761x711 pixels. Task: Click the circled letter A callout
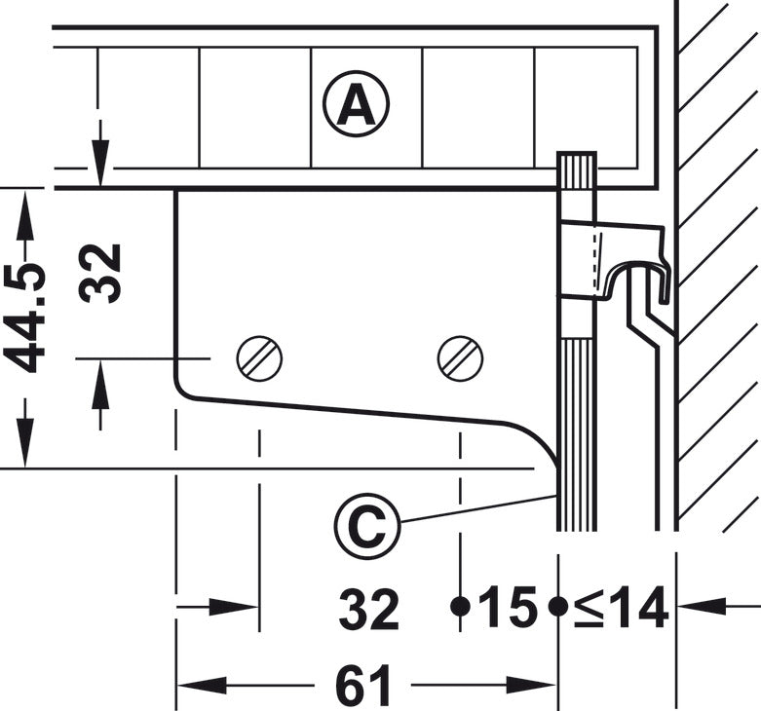(357, 104)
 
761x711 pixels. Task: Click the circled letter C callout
(367, 526)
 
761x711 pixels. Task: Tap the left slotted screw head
(259, 358)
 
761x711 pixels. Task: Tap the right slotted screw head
(460, 358)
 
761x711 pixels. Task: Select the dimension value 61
(363, 686)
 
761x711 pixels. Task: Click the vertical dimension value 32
(99, 274)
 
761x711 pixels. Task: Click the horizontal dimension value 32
(369, 608)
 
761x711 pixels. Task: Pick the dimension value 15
(508, 606)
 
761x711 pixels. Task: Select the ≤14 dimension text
(622, 607)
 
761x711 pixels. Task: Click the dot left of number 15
(460, 606)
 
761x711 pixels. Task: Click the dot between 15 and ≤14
(558, 606)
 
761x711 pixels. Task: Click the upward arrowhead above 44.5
(25, 214)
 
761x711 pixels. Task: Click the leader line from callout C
(478, 508)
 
